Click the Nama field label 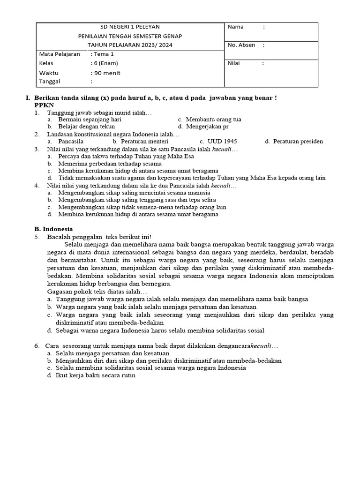(235, 27)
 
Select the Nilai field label (234, 63)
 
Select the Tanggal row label (51, 82)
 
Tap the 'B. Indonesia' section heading (53, 229)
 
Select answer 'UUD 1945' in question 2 (224, 141)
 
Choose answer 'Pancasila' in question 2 (71, 141)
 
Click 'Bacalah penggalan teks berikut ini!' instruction (99, 237)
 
